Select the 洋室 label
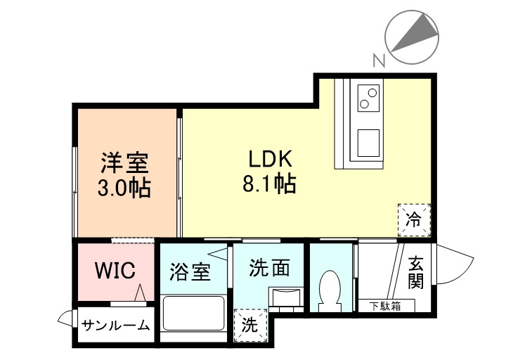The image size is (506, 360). [x=124, y=163]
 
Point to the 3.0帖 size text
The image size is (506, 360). [x=124, y=188]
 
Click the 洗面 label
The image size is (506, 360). [x=270, y=268]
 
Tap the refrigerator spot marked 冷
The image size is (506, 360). [x=414, y=219]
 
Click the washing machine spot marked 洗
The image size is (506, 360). [x=250, y=325]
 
